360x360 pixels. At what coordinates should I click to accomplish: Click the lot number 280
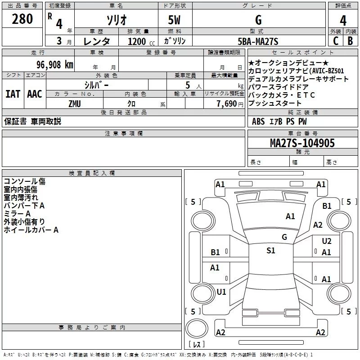pos(22,19)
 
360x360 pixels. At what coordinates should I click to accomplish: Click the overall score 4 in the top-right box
pos(343,20)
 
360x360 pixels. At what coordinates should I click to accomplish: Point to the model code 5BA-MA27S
pos(258,41)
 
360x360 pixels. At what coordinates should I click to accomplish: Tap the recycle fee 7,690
pos(227,104)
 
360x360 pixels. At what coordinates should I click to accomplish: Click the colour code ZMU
pos(75,104)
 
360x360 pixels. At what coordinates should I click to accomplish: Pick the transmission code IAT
pos(13,94)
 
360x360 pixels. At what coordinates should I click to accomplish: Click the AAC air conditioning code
pos(35,94)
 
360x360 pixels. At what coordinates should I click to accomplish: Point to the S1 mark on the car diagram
pos(270,251)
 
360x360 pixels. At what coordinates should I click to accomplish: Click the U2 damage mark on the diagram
pos(326,241)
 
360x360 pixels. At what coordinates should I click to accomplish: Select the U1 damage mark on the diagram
pos(221,292)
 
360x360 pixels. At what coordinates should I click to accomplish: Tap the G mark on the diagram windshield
pos(284,237)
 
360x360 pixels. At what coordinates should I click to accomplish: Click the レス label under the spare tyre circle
pos(197,345)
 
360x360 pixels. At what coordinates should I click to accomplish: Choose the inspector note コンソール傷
pos(24,181)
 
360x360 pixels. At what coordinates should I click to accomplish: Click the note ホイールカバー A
pos(31,230)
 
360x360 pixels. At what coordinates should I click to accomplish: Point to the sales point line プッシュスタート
pos(275,103)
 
